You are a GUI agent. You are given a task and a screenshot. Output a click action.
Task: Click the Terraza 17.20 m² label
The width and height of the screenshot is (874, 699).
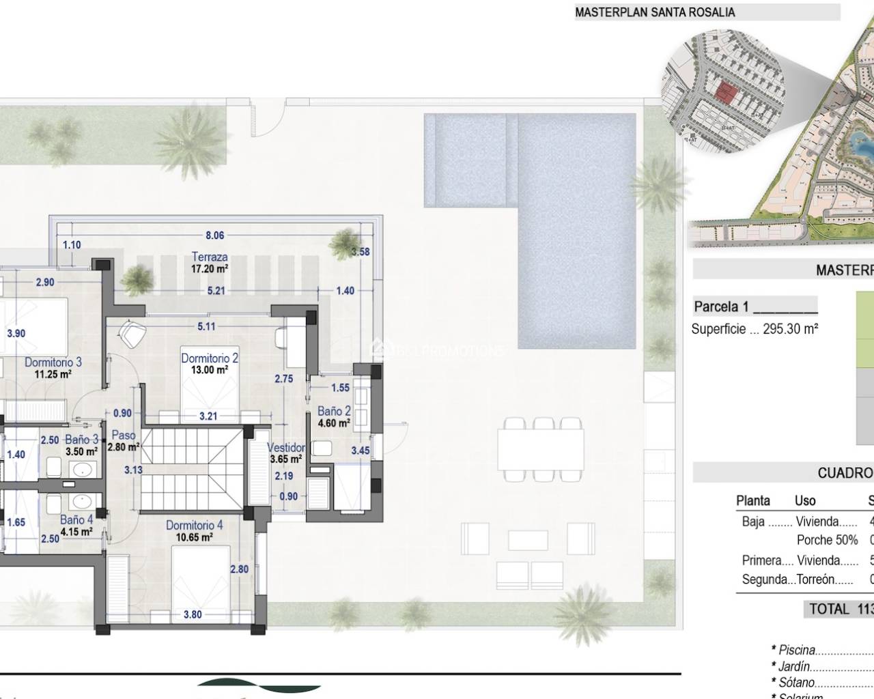click(x=210, y=263)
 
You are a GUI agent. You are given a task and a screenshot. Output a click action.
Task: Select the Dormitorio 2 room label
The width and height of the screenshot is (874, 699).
click(x=210, y=363)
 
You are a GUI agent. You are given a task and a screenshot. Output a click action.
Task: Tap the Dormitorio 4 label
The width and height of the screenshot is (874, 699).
click(x=194, y=530)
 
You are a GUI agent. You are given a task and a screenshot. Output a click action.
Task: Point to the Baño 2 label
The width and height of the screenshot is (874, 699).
click(x=334, y=416)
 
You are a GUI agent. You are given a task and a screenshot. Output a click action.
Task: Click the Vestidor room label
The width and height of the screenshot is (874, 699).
click(x=286, y=453)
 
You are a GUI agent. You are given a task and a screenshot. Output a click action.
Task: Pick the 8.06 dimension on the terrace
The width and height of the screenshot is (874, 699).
click(x=214, y=236)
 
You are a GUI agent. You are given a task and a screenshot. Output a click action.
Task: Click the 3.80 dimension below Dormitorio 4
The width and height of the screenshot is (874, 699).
click(x=193, y=614)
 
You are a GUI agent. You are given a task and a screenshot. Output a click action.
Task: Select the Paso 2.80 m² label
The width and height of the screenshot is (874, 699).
click(x=124, y=440)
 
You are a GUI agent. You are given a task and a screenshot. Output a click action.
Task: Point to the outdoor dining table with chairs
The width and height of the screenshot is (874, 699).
click(x=541, y=448)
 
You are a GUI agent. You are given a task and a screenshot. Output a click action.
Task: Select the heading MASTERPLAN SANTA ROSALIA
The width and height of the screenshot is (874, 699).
click(x=655, y=12)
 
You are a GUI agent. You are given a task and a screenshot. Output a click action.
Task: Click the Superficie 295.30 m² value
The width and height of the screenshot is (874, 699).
click(x=755, y=329)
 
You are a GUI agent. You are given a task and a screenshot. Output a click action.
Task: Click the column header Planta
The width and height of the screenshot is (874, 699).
click(x=752, y=500)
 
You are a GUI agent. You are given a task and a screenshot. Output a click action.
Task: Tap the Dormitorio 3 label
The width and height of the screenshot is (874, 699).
click(x=53, y=367)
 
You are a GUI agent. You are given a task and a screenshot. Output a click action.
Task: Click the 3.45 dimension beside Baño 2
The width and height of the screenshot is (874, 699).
click(x=360, y=451)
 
